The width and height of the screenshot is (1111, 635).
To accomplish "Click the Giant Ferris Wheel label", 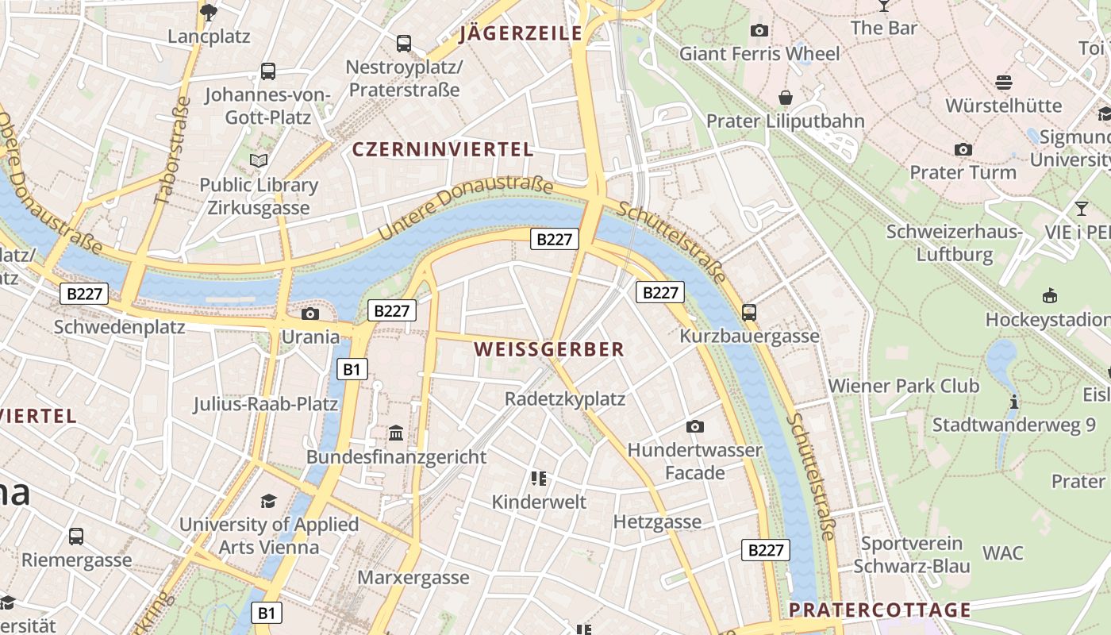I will (x=759, y=53).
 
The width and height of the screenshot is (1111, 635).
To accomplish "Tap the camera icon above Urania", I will (x=310, y=314).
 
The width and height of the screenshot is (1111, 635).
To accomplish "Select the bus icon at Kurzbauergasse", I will (x=749, y=312).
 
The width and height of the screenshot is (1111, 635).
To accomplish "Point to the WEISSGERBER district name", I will (x=549, y=349).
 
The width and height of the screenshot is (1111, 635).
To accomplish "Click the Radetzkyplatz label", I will (x=565, y=398).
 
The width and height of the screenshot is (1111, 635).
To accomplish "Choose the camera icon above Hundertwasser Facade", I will (x=695, y=426).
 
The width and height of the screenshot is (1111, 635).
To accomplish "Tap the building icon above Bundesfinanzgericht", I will (x=396, y=433).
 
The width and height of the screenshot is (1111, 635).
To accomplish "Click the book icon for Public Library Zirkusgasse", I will (x=259, y=161).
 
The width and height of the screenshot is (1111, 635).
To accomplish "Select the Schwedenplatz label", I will (x=119, y=326).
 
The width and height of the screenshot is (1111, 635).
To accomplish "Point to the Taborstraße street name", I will (x=172, y=151).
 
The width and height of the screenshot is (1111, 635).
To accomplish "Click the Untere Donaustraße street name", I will (x=465, y=210).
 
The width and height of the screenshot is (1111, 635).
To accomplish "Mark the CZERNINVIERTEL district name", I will (x=443, y=149).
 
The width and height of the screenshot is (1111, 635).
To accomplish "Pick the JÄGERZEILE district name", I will (x=521, y=33).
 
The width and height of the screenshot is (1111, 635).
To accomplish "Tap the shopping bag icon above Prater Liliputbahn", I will (x=786, y=98).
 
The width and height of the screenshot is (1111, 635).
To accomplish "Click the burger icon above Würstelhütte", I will (x=1003, y=82).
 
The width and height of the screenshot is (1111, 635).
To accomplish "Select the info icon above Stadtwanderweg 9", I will (x=1013, y=402).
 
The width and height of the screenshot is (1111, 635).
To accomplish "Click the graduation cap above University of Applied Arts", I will (x=269, y=501).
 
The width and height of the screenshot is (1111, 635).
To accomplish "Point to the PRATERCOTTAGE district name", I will (x=880, y=610).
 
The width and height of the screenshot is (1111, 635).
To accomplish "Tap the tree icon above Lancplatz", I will (x=210, y=12).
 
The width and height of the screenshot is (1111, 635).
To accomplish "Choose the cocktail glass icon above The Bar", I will (x=884, y=6).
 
